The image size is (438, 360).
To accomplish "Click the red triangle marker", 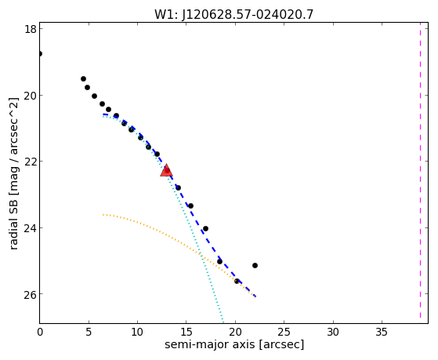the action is (166, 170).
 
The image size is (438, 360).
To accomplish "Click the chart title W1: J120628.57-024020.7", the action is (234, 14).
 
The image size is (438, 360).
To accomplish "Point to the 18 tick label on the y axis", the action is (30, 29).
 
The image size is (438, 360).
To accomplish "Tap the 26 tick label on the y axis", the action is (30, 294).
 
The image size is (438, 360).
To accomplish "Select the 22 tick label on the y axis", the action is (30, 162).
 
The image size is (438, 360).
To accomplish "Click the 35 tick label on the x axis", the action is (382, 332).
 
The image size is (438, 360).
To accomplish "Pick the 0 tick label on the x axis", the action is (40, 332).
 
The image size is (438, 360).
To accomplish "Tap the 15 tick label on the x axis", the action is (186, 332).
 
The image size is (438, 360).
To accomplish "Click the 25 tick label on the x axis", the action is (284, 332).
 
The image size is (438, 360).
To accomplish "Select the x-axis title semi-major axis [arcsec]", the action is (234, 344).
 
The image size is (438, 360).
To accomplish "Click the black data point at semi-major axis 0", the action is (40, 53).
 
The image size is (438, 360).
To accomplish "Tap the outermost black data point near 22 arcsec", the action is (255, 265).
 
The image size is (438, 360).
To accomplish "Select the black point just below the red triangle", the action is (178, 187).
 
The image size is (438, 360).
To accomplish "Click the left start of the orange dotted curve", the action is (103, 215).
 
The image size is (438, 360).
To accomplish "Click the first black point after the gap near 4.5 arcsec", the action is (83, 79).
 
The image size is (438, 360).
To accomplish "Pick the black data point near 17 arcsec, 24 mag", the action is (205, 229).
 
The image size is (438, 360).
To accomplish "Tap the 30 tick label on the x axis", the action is (333, 332).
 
